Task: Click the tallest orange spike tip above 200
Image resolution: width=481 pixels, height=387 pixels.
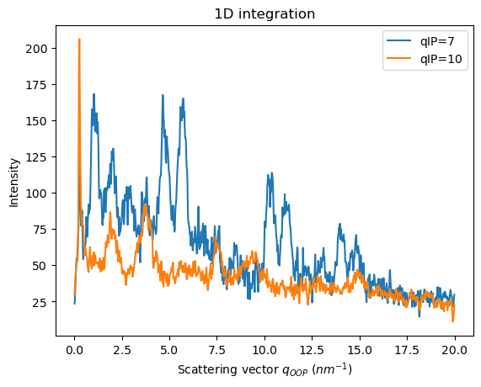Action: pos(79,40)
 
